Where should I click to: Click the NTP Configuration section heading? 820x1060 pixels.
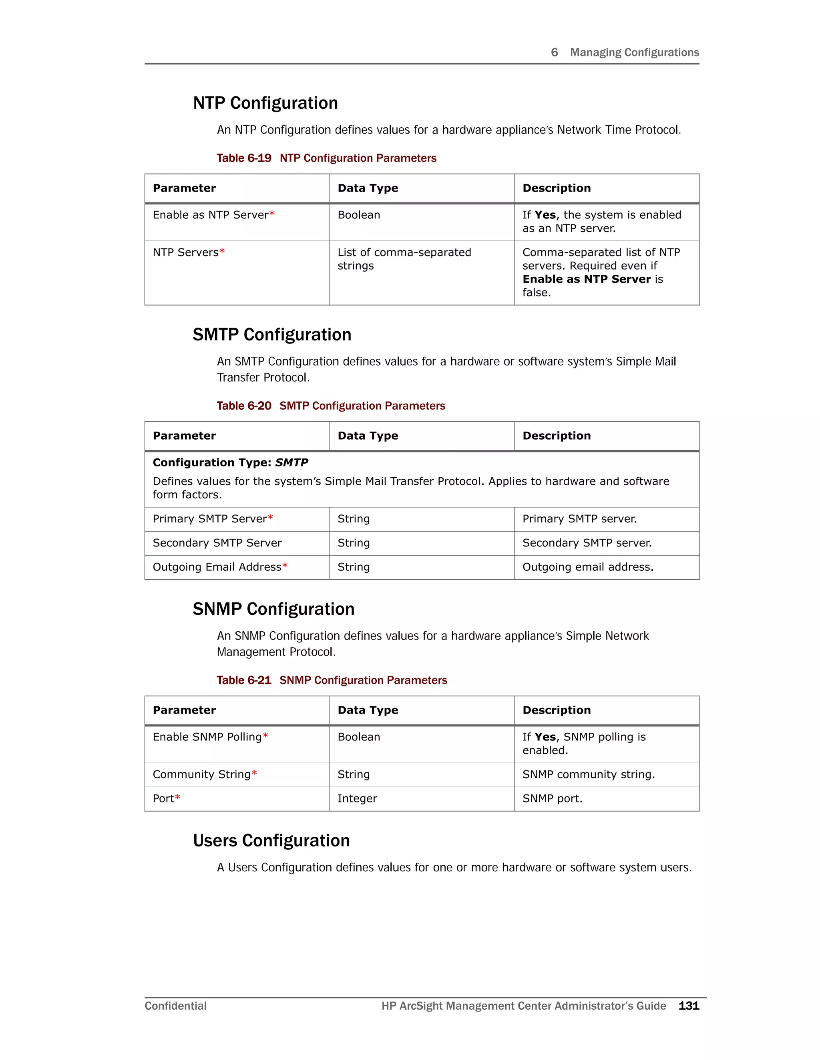pos(265,103)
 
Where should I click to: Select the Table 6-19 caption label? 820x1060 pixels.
pos(244,158)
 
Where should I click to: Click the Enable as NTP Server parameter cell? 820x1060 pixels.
pos(213,215)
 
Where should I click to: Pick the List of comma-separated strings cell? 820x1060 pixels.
pos(404,259)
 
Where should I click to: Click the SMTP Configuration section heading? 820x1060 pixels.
pos(271,334)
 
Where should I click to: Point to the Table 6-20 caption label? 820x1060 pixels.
pos(244,406)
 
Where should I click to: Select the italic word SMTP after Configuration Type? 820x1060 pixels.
pos(291,462)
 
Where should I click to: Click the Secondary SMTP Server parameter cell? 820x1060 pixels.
pos(217,543)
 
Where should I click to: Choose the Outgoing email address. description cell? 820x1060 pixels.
pos(588,567)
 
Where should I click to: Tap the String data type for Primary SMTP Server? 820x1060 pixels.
pos(354,519)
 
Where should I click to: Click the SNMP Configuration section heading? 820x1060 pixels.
pos(273,609)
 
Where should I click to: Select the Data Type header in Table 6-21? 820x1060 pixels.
pos(368,710)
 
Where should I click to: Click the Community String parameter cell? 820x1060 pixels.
pos(202,775)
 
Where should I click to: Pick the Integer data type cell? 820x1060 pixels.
pos(357,798)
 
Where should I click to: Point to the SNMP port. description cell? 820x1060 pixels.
pos(552,798)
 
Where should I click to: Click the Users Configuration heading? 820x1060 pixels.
pos(271,841)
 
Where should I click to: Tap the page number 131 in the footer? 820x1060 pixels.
pos(688,1006)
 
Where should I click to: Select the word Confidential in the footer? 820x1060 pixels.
pos(175,1006)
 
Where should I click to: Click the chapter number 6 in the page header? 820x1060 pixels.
pos(554,52)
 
